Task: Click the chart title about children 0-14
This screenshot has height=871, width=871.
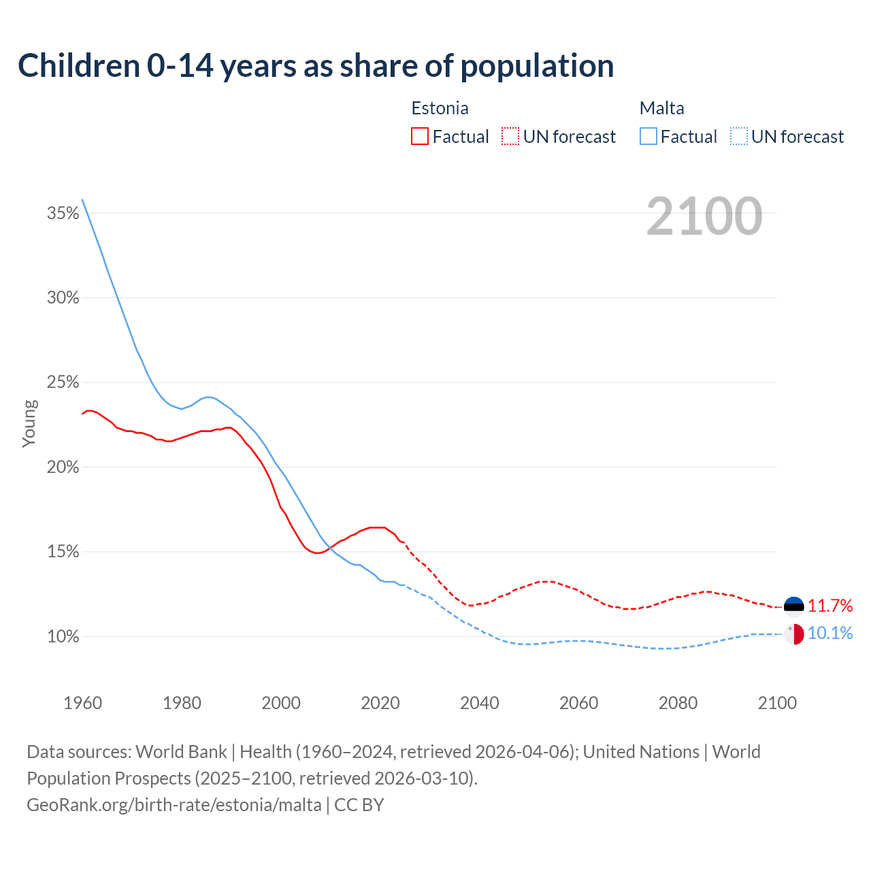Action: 316,66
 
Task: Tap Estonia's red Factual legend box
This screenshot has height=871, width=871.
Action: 420,137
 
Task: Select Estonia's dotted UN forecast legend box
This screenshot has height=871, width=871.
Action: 510,137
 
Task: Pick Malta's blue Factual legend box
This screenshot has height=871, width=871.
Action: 648,137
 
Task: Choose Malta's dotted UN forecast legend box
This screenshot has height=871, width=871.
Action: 739,137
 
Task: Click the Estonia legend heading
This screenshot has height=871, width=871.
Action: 440,108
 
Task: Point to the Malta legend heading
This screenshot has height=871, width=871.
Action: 661,108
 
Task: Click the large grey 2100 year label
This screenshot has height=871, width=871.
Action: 704,216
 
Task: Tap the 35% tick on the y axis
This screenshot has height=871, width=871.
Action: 63,214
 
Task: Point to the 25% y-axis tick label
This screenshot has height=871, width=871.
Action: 63,383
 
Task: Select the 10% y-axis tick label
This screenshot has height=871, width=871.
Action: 63,637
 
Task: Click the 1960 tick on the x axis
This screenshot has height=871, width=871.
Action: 82,703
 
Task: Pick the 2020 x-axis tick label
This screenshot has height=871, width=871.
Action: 380,703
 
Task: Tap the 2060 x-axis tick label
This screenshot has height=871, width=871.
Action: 578,703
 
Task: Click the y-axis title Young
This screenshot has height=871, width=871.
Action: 29,423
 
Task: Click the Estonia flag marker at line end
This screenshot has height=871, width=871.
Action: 793,606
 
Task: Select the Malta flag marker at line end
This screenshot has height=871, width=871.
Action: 793,634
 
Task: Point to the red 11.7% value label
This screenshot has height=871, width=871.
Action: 830,606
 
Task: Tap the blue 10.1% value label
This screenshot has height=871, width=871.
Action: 830,634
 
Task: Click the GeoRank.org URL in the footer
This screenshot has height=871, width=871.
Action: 174,805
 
